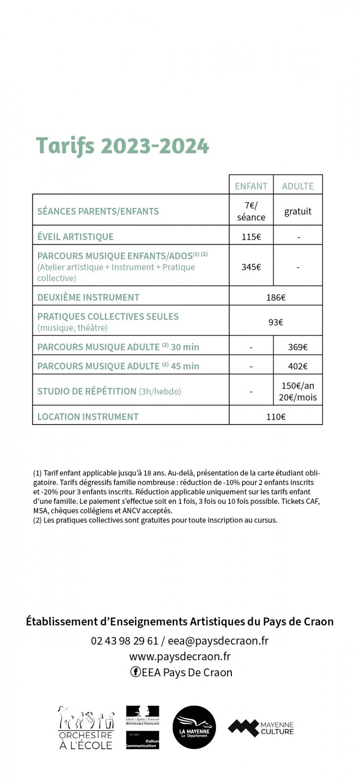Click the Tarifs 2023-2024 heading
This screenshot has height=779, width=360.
(122, 146)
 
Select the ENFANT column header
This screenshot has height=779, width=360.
(251, 186)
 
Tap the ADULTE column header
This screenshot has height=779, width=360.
(298, 186)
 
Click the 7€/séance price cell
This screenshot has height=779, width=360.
(251, 211)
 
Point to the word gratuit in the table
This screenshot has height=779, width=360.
(298, 211)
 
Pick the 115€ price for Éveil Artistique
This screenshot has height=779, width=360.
(251, 237)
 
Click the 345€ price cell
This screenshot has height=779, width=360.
(251, 267)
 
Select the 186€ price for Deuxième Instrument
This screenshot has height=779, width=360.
(276, 297)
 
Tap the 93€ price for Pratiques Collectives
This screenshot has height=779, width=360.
(276, 322)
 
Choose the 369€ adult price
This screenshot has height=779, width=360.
(298, 347)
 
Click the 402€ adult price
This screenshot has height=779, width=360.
(298, 366)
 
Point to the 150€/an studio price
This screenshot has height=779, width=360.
(298, 386)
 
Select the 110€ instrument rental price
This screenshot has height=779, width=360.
(276, 417)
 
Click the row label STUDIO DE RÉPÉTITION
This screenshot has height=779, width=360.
(87, 391)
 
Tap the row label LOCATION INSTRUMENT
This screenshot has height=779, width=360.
(88, 417)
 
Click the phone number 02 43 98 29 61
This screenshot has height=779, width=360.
(124, 641)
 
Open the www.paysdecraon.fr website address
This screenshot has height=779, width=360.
(180, 656)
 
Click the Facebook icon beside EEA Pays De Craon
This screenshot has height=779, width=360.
(135, 672)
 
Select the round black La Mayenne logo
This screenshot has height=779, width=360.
(194, 727)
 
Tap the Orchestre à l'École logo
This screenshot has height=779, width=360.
(86, 727)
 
